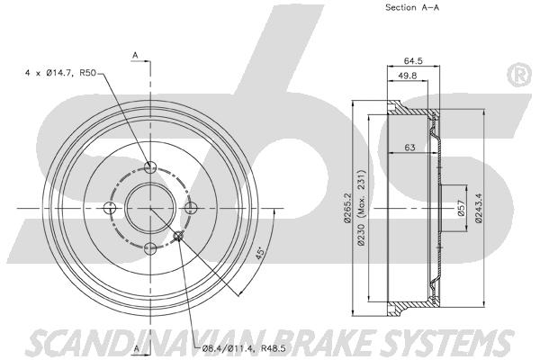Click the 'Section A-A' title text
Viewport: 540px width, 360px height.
[x=412, y=7]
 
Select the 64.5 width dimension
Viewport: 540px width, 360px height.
[x=413, y=61]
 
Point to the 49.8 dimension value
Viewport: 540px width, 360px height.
[x=408, y=76]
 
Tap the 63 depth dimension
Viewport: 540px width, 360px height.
[x=409, y=148]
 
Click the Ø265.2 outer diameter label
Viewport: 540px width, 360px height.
[x=347, y=208]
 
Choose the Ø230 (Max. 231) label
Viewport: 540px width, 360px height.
[x=361, y=207]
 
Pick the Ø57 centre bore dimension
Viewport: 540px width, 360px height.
[x=462, y=208]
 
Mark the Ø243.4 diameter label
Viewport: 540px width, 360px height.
[x=478, y=208]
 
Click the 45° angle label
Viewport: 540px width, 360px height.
[x=260, y=252]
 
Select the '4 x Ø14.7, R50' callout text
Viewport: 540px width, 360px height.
[x=60, y=73]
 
